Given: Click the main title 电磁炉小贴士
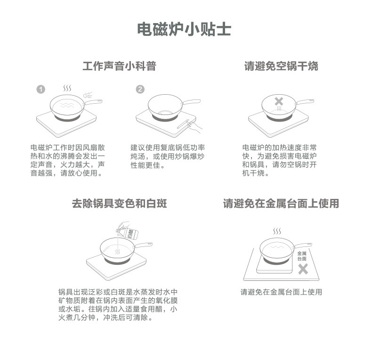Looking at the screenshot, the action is coord(184,29).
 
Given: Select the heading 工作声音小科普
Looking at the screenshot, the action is coord(119,66).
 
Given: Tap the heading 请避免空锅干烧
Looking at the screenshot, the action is coord(281,66).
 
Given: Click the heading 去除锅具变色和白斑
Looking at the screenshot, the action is coord(119,204).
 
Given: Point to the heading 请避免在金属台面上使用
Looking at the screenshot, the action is coord(281,204).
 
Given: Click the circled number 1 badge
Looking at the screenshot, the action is coord(41,90).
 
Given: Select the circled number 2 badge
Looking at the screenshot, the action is coord(140,90).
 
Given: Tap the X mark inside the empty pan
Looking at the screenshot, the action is coord(279,101).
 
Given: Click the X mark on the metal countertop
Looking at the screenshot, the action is coord(303,269).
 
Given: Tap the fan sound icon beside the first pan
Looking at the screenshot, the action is coord(88,95).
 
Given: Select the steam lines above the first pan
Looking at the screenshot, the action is coord(67,88).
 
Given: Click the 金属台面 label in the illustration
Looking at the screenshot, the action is coord(302,256).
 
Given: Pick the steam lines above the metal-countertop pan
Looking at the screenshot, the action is coord(277,231).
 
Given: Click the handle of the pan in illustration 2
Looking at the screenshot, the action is coord(191,102).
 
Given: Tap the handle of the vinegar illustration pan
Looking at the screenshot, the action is coord(143,245).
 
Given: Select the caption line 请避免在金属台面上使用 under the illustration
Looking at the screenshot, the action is coord(281,292).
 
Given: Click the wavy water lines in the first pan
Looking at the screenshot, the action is coord(67,105).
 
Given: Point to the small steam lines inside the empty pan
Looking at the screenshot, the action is coord(280,109).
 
